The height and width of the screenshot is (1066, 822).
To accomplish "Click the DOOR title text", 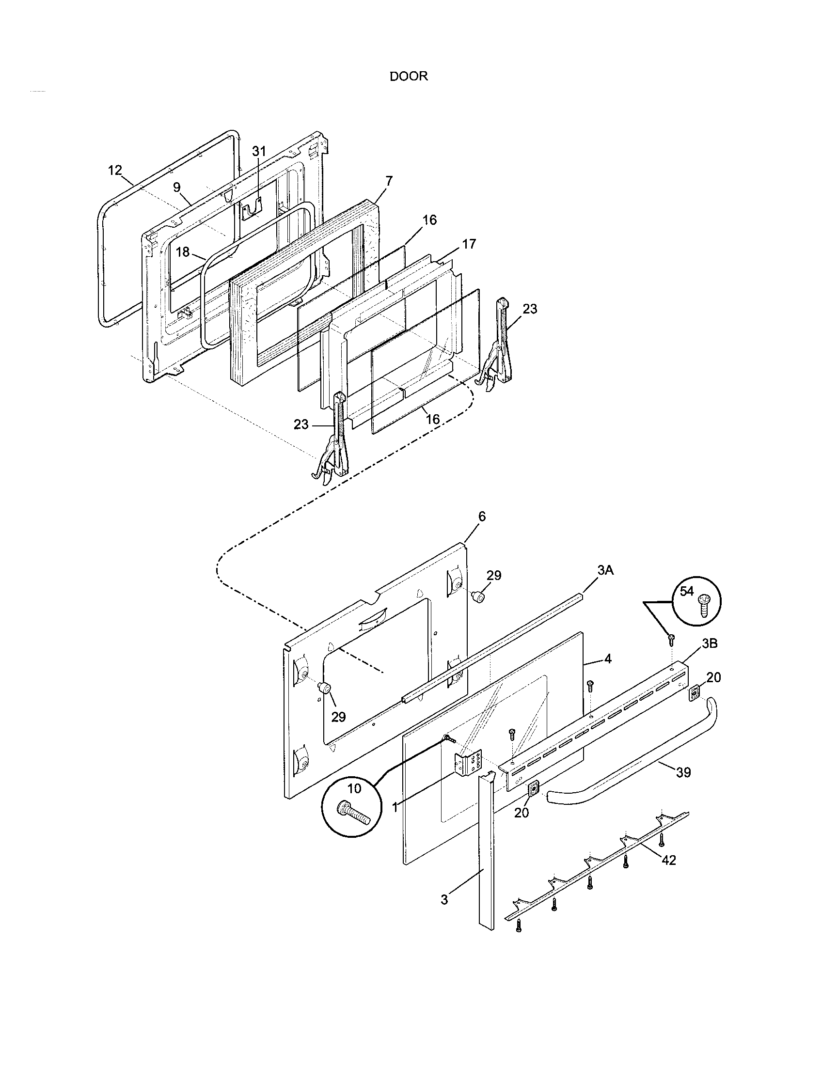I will [x=408, y=76].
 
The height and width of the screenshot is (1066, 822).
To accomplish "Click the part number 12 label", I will [x=115, y=171].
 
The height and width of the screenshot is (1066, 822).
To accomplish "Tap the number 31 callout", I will [x=259, y=152].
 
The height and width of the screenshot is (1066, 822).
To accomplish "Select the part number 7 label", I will [x=389, y=181].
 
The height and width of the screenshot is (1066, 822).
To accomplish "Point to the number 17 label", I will [x=469, y=244].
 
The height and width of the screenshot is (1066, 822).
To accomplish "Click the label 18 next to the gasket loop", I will [x=183, y=252].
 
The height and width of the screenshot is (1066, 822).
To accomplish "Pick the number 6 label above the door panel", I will [x=481, y=517].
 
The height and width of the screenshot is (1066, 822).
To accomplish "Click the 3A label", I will [x=605, y=570].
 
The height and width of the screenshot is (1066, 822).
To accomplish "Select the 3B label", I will [x=709, y=644].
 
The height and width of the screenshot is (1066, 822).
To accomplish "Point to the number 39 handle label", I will [x=683, y=772].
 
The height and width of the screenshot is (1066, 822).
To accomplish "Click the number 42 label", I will [x=668, y=860].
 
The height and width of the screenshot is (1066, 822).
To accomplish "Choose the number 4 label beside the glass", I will [x=607, y=659].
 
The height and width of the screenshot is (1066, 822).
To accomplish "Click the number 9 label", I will [x=177, y=188].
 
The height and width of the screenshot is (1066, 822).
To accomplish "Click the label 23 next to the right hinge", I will [x=529, y=309].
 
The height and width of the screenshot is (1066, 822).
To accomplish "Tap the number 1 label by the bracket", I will [x=395, y=808].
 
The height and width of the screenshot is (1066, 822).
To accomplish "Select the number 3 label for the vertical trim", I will [x=443, y=900].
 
